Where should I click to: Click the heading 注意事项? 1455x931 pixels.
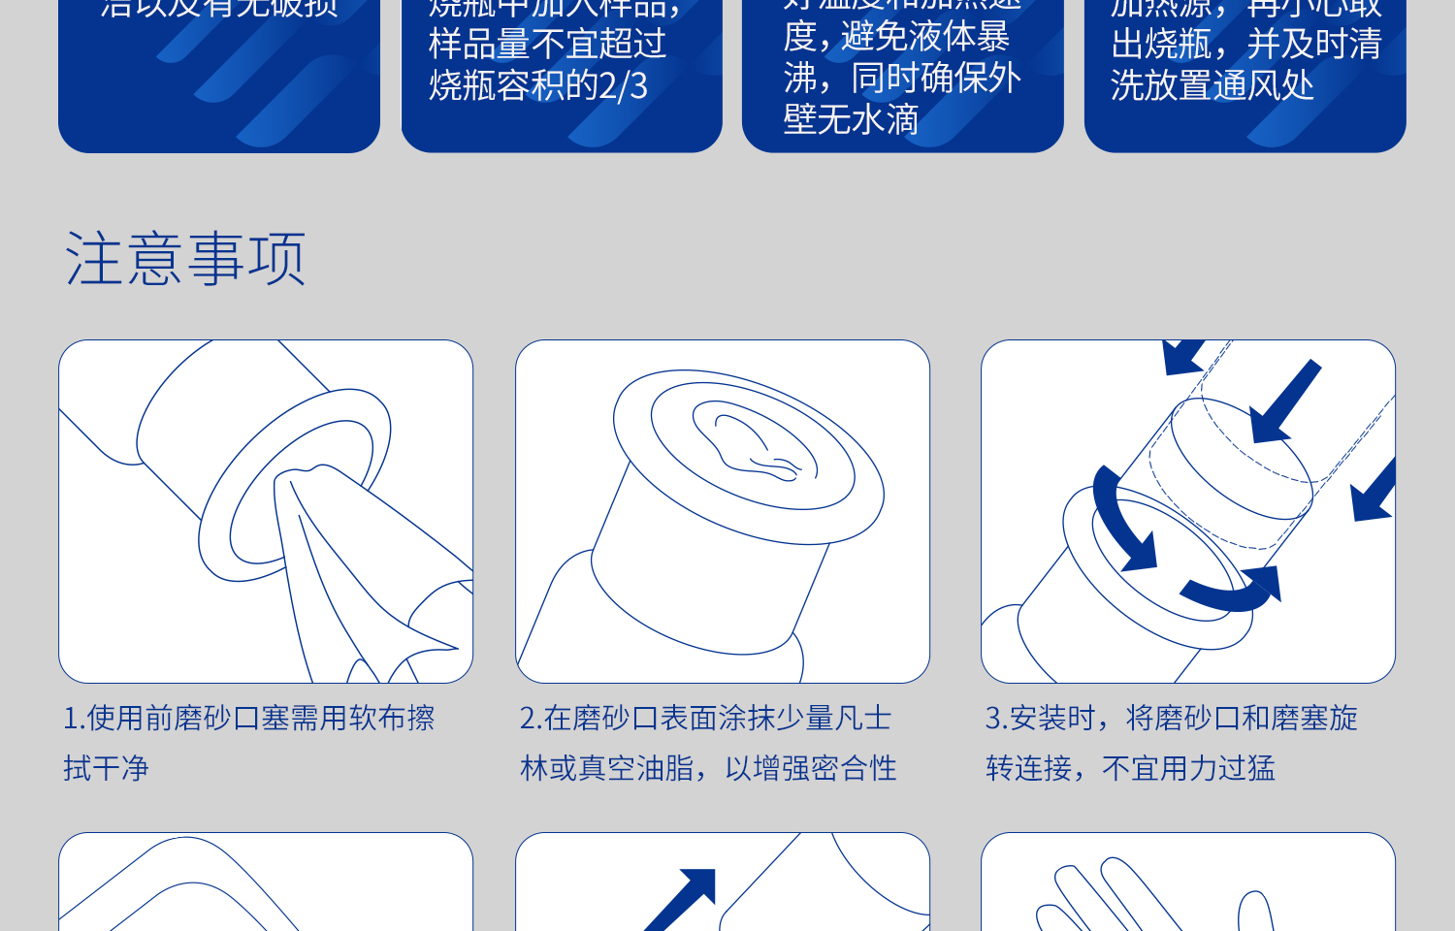[x=185, y=259]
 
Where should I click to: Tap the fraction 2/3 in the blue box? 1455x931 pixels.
[x=623, y=86]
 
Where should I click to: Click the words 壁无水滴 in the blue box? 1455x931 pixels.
[x=851, y=120]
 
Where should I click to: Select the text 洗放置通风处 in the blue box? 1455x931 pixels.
[x=1212, y=85]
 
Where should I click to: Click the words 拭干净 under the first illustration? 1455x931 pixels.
[x=107, y=769]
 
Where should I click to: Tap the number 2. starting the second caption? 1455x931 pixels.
[x=530, y=719]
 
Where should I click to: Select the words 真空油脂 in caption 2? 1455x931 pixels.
[x=635, y=769]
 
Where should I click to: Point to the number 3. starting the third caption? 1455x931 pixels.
[x=996, y=719]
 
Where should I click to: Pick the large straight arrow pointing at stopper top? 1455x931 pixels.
[x=1285, y=402]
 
